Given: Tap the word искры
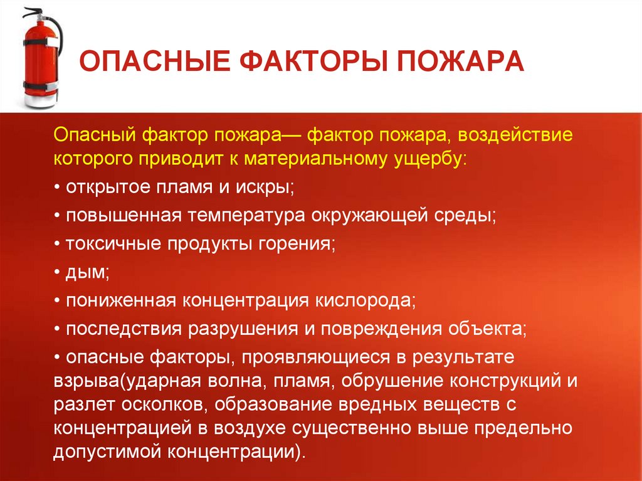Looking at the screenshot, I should [x=268, y=187].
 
